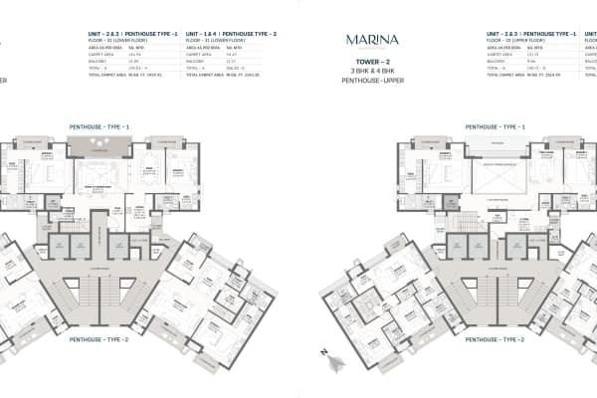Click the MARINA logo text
tap(373, 40)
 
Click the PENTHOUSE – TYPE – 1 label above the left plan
tap(99, 127)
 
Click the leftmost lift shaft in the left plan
tap(61, 244)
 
